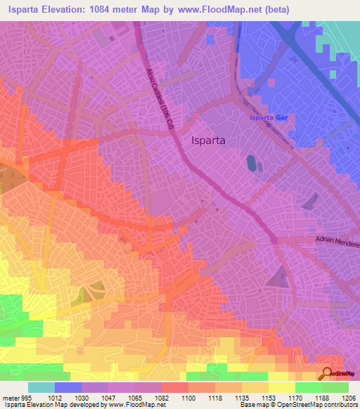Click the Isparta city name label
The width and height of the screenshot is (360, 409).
click(208, 140)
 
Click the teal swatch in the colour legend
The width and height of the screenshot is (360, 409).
click(41, 387)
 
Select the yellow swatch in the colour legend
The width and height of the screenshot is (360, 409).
click(281, 387)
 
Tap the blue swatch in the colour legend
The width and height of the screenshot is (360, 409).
click(67, 387)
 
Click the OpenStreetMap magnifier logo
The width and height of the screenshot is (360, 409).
click(325, 375)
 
